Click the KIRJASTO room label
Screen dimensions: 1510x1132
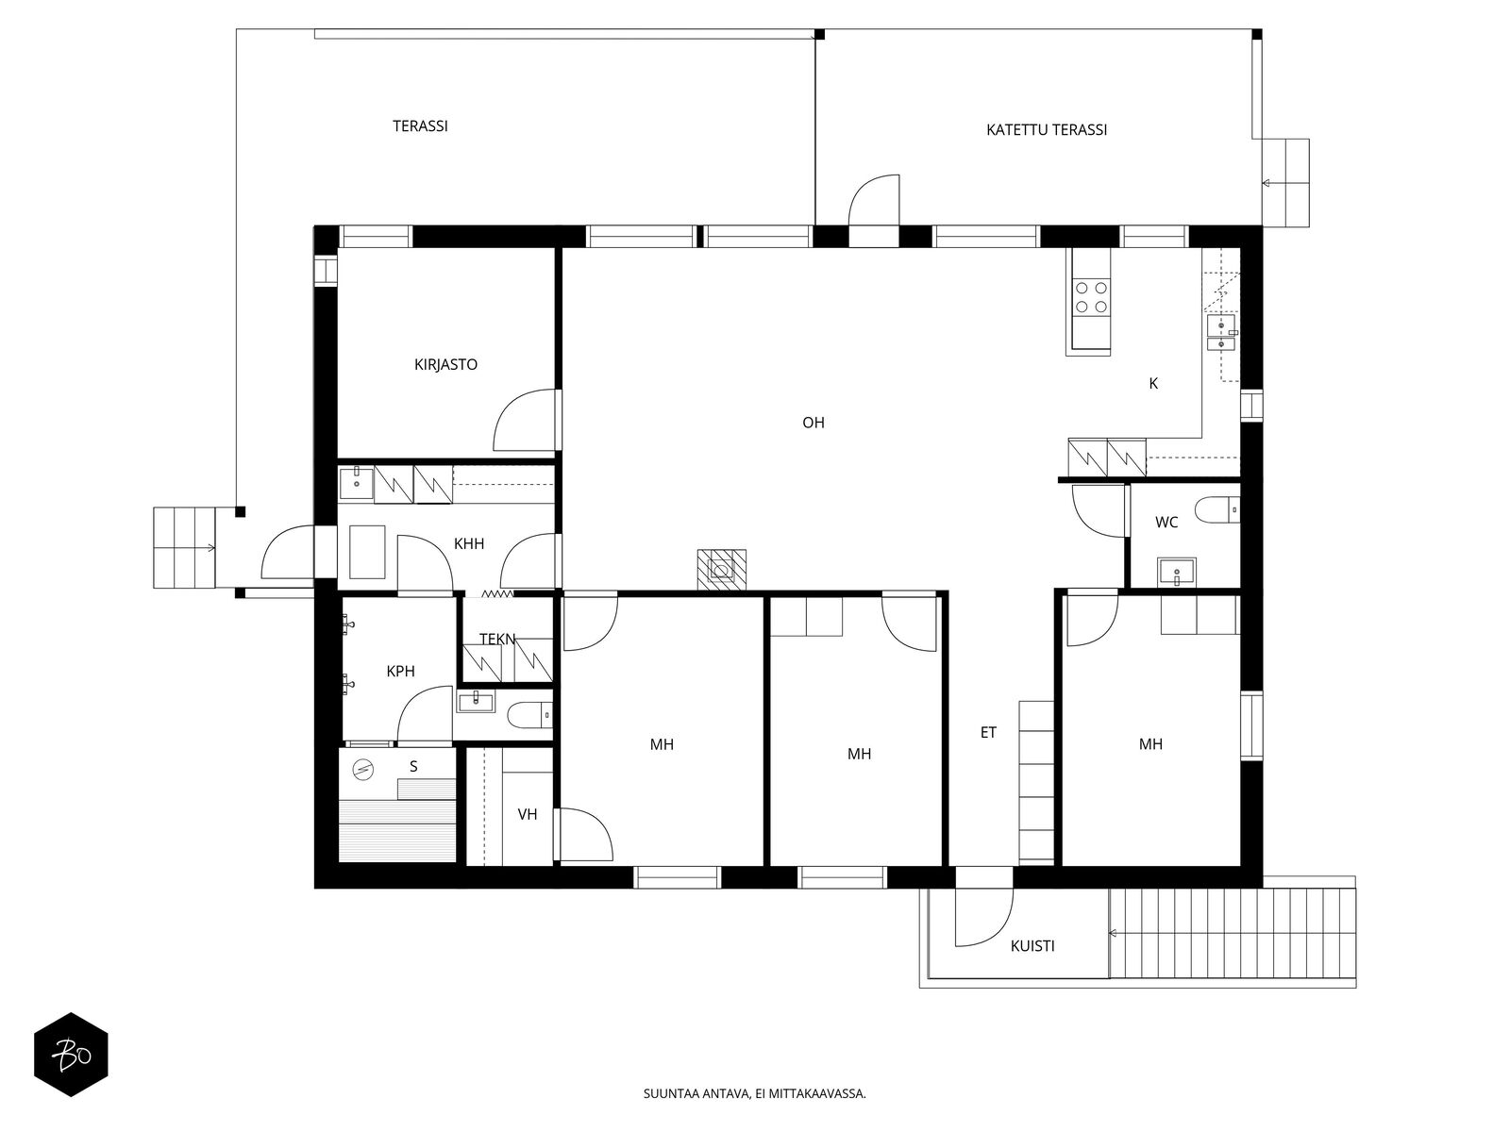tap(445, 364)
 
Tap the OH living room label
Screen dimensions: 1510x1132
tap(814, 423)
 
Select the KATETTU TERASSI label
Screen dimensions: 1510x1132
tap(1047, 130)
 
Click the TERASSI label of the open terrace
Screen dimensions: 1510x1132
tap(420, 126)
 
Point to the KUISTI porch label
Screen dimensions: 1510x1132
tap(1032, 946)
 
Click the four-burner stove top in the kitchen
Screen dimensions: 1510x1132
tap(1091, 297)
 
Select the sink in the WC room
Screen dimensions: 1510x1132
tap(1176, 572)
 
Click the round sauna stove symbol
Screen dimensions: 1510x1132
tap(362, 769)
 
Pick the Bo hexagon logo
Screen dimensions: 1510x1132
tap(71, 1055)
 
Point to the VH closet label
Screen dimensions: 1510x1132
tap(527, 815)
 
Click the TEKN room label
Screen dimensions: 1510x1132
tap(496, 640)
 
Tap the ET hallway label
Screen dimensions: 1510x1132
tap(988, 733)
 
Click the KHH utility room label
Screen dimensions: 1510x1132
tap(469, 544)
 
